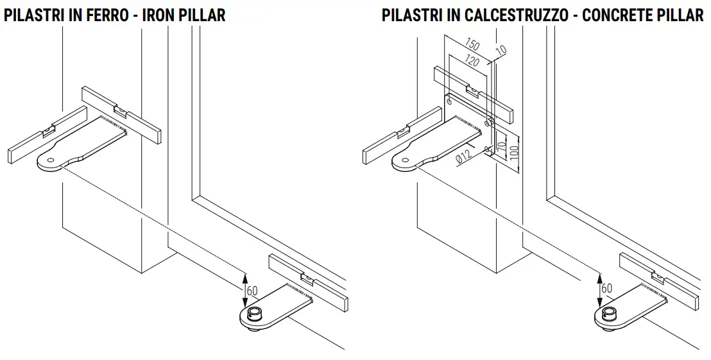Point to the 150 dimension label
(x=472, y=46)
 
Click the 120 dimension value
(x=472, y=62)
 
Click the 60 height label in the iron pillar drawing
(x=252, y=291)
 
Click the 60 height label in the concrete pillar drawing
(x=606, y=288)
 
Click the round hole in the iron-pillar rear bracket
(x=49, y=160)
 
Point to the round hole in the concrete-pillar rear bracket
(x=404, y=160)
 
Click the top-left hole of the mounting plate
(x=449, y=101)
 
